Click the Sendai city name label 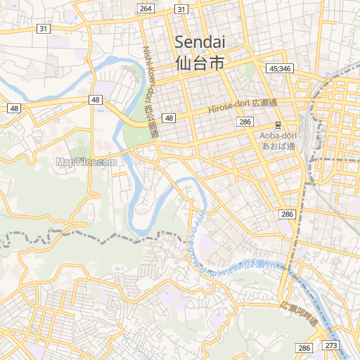[x=200, y=41]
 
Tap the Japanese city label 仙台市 [x=200, y=63]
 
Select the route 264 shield [x=146, y=8]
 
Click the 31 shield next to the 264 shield [x=181, y=8]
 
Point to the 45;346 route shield [x=280, y=68]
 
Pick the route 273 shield [x=331, y=345]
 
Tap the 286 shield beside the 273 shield [x=304, y=348]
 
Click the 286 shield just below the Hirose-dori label [x=245, y=122]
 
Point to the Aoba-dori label [x=278, y=135]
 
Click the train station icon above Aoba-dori [x=278, y=124]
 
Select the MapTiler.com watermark [x=86, y=162]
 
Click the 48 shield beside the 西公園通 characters [x=169, y=118]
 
